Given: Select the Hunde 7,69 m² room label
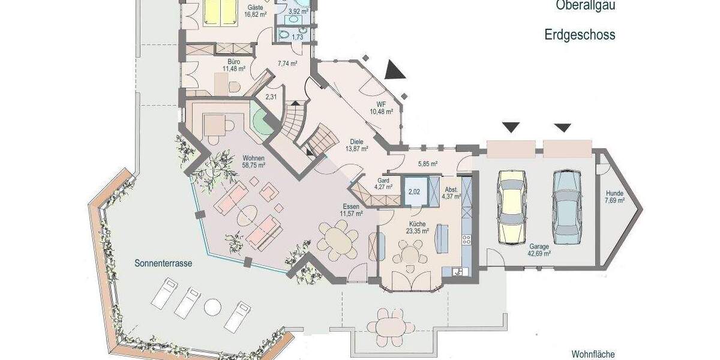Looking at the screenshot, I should (x=614, y=197).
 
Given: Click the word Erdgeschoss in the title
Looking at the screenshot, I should (x=580, y=35).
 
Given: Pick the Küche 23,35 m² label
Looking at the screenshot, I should (x=416, y=226).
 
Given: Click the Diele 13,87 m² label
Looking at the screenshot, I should (x=356, y=145).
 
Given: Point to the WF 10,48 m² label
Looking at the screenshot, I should (x=381, y=107).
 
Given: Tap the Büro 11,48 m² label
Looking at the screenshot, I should (x=234, y=65).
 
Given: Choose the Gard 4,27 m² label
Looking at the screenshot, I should (x=385, y=183).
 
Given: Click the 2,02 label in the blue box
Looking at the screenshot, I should (x=414, y=192).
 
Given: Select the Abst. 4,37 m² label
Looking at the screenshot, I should (x=451, y=192).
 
